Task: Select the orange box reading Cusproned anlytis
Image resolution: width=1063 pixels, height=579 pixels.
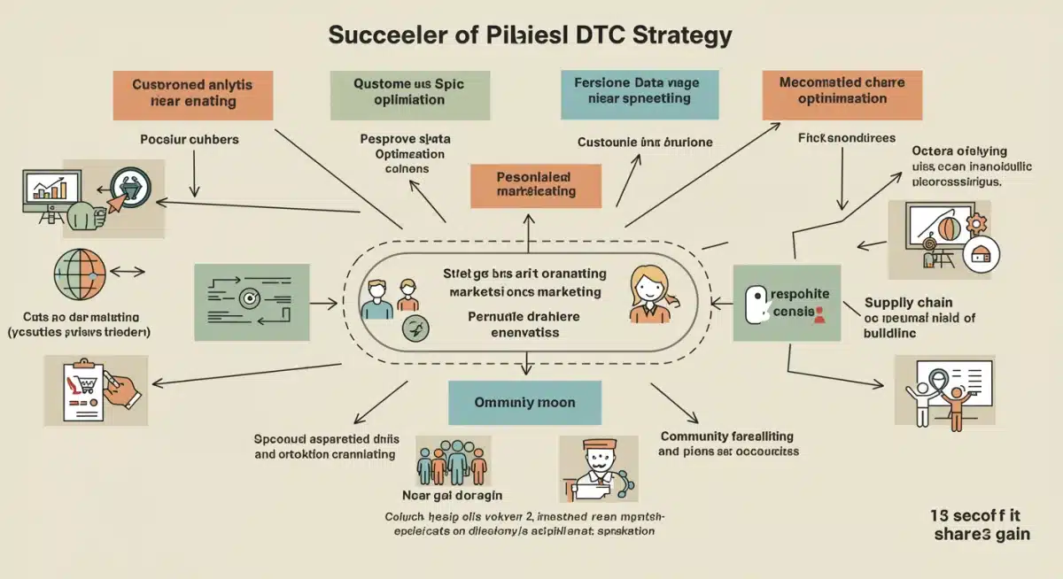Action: point(192,93)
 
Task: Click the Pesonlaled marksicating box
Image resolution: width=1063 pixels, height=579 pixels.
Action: point(536,184)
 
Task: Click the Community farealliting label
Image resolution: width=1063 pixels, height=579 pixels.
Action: point(726,436)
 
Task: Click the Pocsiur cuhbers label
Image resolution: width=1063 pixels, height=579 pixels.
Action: point(189,140)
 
